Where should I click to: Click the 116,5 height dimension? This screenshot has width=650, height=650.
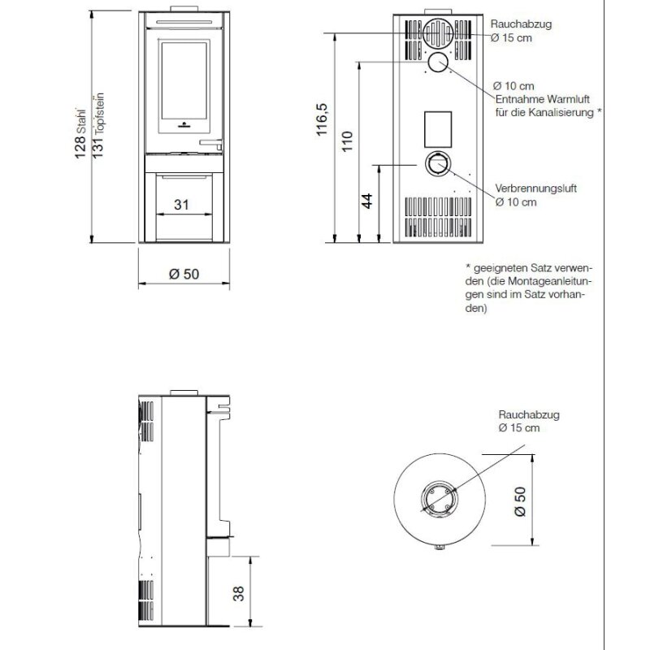tap(322, 119)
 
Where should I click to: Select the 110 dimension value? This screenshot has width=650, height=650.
tap(347, 141)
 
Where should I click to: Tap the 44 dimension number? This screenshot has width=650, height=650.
tap(367, 201)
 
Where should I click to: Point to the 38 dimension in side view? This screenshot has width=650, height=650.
tap(238, 593)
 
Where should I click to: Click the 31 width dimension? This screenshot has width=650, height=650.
tap(181, 205)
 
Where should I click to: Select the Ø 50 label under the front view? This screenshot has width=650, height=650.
tap(184, 274)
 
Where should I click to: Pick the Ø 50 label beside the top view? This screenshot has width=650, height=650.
tap(520, 501)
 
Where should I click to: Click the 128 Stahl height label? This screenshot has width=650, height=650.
tap(80, 134)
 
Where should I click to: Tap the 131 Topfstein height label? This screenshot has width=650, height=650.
tap(97, 126)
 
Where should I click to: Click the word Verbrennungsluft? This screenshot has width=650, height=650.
tap(535, 188)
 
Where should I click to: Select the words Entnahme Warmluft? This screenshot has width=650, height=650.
tap(542, 99)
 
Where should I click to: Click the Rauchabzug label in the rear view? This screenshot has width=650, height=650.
tap(521, 24)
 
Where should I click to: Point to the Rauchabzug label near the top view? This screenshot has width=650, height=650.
tap(529, 414)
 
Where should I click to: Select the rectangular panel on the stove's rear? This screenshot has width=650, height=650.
tap(438, 129)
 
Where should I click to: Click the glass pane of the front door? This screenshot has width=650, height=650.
tap(184, 80)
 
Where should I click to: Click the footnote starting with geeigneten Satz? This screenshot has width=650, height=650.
tap(528, 288)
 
